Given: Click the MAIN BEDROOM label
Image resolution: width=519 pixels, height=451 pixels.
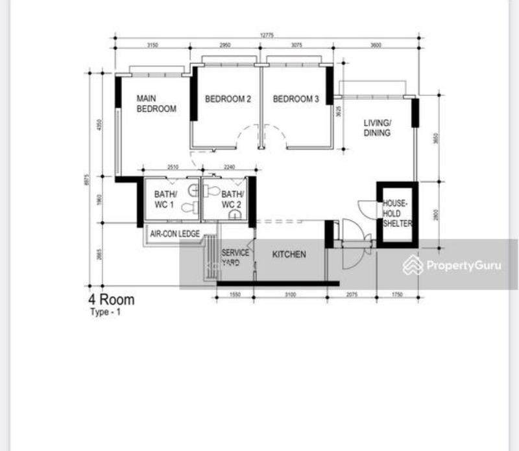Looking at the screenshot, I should point(156,104).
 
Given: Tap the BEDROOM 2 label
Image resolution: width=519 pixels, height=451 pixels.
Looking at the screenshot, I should point(228,99).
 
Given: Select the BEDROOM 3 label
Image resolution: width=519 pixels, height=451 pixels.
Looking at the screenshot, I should point(296,99).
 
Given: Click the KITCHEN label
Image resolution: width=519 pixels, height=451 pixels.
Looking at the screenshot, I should point(289,255).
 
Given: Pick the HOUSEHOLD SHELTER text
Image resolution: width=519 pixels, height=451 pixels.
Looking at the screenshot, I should point(397,213).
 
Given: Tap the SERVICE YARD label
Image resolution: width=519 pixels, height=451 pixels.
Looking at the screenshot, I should point(235,258).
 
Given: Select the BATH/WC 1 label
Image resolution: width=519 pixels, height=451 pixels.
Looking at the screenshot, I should point(164,200).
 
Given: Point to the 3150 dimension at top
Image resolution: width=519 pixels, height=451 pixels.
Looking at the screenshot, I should point(152,45).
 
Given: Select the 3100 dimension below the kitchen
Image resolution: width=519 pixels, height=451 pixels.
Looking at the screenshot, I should point(290,295).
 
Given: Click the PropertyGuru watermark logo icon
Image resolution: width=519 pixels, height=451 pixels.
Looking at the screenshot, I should point(413,265).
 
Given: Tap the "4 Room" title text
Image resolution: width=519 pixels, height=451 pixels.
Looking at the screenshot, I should point(112,300).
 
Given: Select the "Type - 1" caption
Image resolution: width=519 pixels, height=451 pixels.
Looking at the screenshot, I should point(105,312).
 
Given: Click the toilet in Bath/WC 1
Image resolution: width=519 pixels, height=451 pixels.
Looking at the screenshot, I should point(189,207).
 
